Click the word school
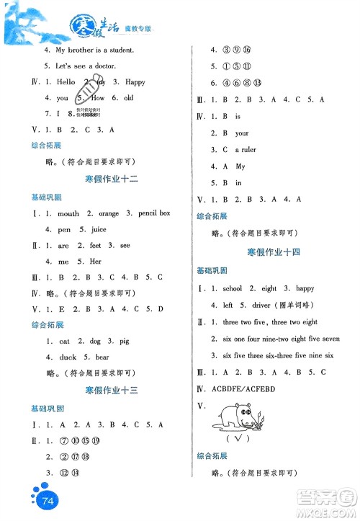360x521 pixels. click(x=233, y=288)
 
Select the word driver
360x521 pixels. click(x=258, y=305)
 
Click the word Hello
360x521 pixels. click(x=66, y=82)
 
